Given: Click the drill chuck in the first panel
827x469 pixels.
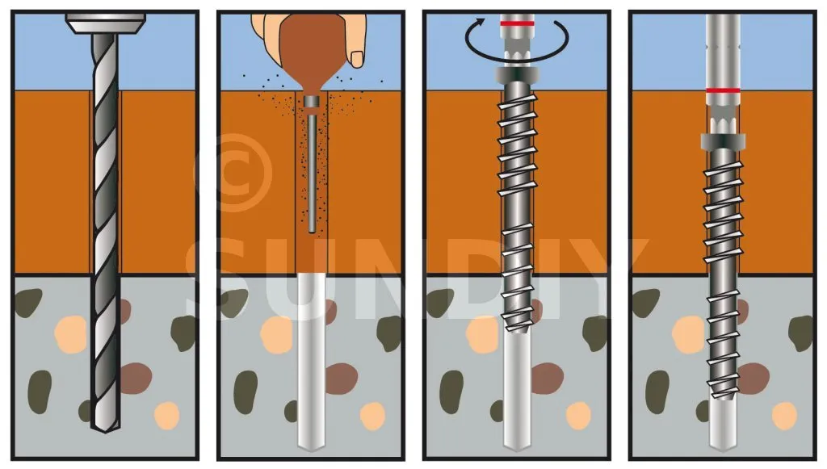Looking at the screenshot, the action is pos(106,23).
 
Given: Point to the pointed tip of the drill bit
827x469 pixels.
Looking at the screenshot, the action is pos(106,431).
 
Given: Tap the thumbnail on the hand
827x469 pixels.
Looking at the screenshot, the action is pos(357,59).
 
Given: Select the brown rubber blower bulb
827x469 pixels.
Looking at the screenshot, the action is pos(311,52).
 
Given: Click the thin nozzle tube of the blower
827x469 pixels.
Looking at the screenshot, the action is pos(312,174).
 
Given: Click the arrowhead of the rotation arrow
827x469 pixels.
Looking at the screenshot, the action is pos(480,23).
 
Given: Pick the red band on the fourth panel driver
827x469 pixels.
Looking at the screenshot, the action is pos(723,90).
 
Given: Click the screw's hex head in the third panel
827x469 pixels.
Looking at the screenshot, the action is pos(517,75).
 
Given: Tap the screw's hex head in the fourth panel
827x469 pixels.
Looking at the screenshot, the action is pos(723,141).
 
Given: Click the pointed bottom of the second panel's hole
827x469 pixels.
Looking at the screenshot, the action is pos(311,449).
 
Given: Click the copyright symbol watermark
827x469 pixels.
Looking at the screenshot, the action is pos(233,173).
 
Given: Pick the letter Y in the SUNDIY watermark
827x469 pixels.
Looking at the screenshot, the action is pos(615,279).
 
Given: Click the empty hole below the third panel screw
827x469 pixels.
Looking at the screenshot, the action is pos(517,391).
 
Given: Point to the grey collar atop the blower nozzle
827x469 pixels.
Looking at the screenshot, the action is pos(312,103).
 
